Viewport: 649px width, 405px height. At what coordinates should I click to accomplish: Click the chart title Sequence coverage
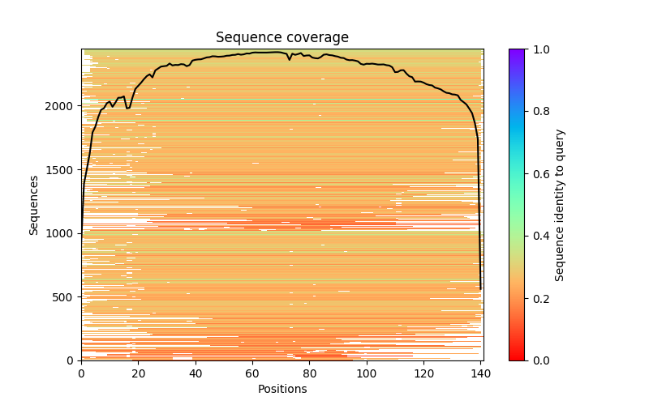pyautogui.click(x=282, y=37)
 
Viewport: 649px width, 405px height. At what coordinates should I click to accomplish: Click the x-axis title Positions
pyautogui.click(x=282, y=389)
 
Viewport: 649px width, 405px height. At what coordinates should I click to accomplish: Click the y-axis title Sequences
pyautogui.click(x=34, y=205)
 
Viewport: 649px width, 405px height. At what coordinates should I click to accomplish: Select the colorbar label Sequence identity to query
pyautogui.click(x=560, y=205)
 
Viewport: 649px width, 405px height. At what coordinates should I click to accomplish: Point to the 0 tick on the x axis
pyautogui.click(x=81, y=373)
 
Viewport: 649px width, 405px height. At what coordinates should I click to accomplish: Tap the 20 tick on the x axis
pyautogui.click(x=138, y=373)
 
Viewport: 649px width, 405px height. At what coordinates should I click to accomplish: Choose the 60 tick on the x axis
pyautogui.click(x=252, y=373)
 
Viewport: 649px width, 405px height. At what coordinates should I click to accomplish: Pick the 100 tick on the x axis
pyautogui.click(x=367, y=373)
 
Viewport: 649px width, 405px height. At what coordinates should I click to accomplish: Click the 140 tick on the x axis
pyautogui.click(x=481, y=373)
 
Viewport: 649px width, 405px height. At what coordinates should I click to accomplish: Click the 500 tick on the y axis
pyautogui.click(x=64, y=297)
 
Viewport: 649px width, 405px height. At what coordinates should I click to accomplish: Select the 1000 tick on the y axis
pyautogui.click(x=61, y=233)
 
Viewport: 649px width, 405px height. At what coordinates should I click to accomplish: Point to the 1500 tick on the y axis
pyautogui.click(x=61, y=170)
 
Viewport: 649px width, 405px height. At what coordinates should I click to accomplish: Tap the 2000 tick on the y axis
pyautogui.click(x=61, y=106)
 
